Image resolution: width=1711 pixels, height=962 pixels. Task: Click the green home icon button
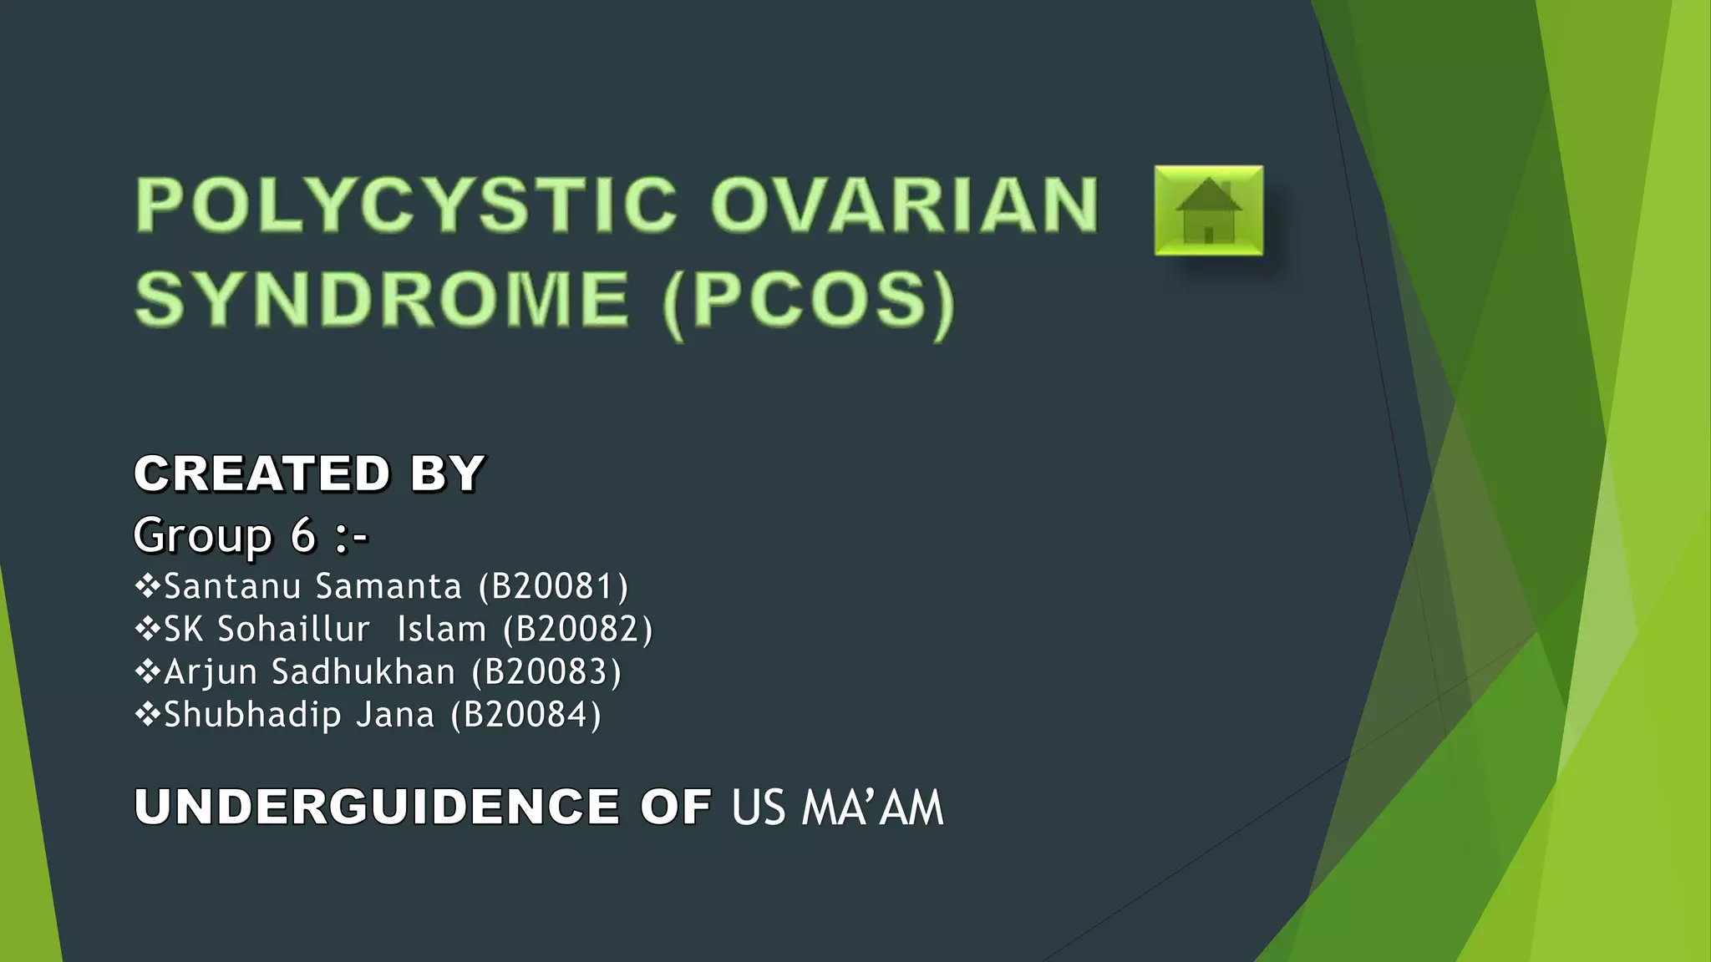tap(1208, 210)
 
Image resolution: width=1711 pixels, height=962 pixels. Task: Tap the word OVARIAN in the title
tap(904, 205)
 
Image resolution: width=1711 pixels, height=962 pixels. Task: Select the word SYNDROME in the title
tap(382, 299)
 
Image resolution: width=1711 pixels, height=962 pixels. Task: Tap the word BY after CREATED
tap(447, 473)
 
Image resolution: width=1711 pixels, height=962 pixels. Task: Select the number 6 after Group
tap(302, 534)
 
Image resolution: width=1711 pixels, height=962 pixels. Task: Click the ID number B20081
tap(553, 586)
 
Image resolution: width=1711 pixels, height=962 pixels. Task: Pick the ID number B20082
tap(577, 629)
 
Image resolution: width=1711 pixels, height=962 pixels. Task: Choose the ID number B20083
tap(546, 671)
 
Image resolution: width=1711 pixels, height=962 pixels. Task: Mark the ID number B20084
tap(525, 715)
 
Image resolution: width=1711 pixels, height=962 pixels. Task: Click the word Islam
tap(441, 629)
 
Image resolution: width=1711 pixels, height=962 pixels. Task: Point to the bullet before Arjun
tap(147, 671)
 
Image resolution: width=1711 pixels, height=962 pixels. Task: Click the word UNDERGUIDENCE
tap(377, 807)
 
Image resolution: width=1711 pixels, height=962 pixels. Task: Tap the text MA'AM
tap(872, 808)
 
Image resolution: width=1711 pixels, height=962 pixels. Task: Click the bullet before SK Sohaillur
tap(147, 628)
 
